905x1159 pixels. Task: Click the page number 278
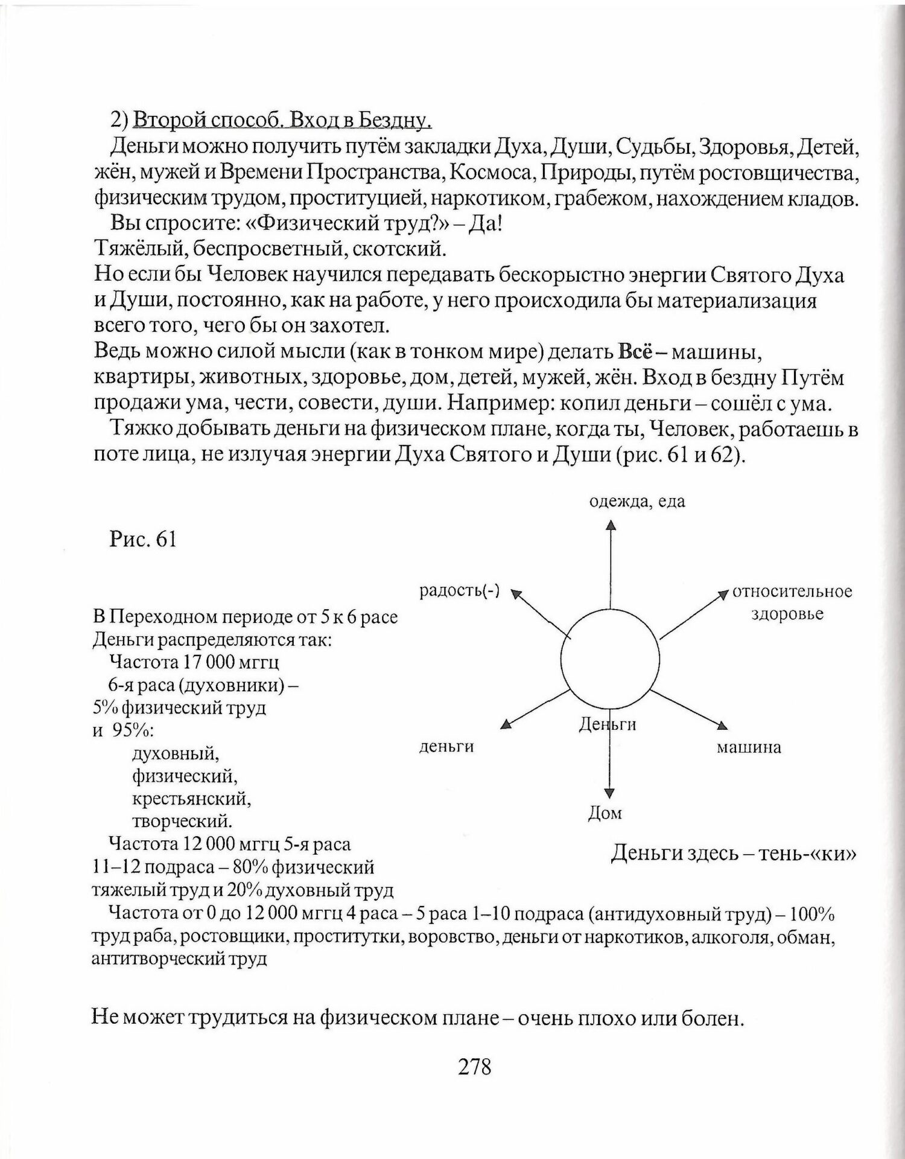pyautogui.click(x=475, y=1067)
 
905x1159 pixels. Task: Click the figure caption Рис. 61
pyautogui.click(x=143, y=539)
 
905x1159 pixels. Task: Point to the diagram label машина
pyautogui.click(x=749, y=748)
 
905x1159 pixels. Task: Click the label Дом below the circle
pyautogui.click(x=605, y=813)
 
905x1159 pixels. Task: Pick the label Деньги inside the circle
pyautogui.click(x=608, y=724)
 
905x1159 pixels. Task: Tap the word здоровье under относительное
pyautogui.click(x=787, y=615)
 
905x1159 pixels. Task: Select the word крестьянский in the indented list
pyautogui.click(x=191, y=799)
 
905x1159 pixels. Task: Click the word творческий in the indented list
pyautogui.click(x=182, y=821)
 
